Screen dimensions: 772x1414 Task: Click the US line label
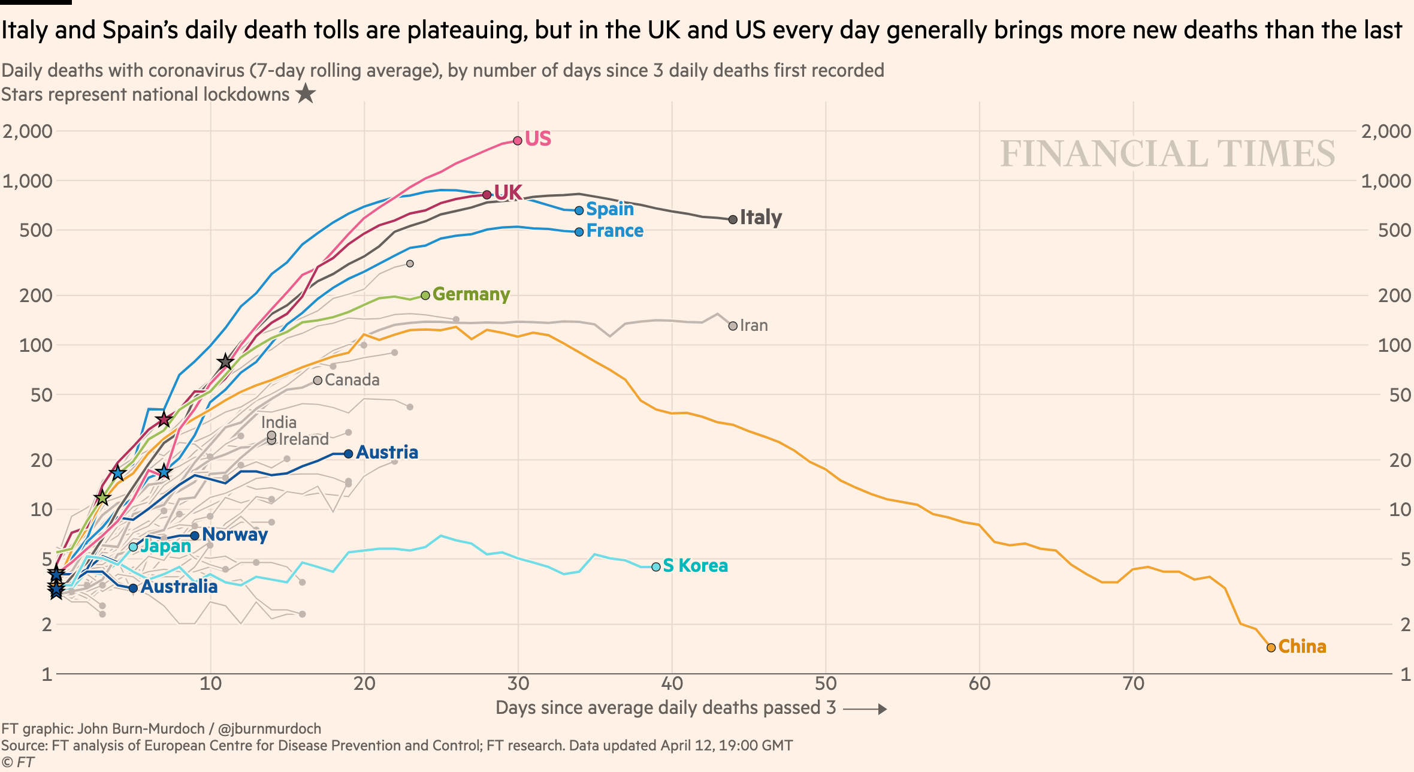[537, 139]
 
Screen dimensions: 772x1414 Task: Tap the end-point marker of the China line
[1271, 647]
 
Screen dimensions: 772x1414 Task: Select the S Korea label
[695, 566]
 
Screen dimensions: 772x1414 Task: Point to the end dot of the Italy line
[733, 219]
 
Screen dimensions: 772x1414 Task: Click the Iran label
[754, 325]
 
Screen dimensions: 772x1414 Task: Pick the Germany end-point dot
[425, 295]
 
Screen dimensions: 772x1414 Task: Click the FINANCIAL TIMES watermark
[1167, 153]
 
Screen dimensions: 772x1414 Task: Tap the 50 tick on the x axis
[826, 684]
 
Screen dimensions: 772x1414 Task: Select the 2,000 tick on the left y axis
[28, 131]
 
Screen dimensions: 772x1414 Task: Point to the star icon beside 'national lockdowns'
[306, 94]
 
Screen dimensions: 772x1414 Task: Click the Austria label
[387, 453]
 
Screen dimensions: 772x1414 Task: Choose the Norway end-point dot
[195, 535]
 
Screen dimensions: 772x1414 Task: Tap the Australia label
[179, 587]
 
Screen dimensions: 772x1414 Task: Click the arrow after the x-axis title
[865, 709]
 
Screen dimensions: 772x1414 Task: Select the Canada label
[352, 380]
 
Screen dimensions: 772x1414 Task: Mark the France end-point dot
[579, 232]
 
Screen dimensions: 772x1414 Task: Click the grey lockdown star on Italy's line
[225, 361]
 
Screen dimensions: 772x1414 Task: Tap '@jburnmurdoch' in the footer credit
[269, 729]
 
